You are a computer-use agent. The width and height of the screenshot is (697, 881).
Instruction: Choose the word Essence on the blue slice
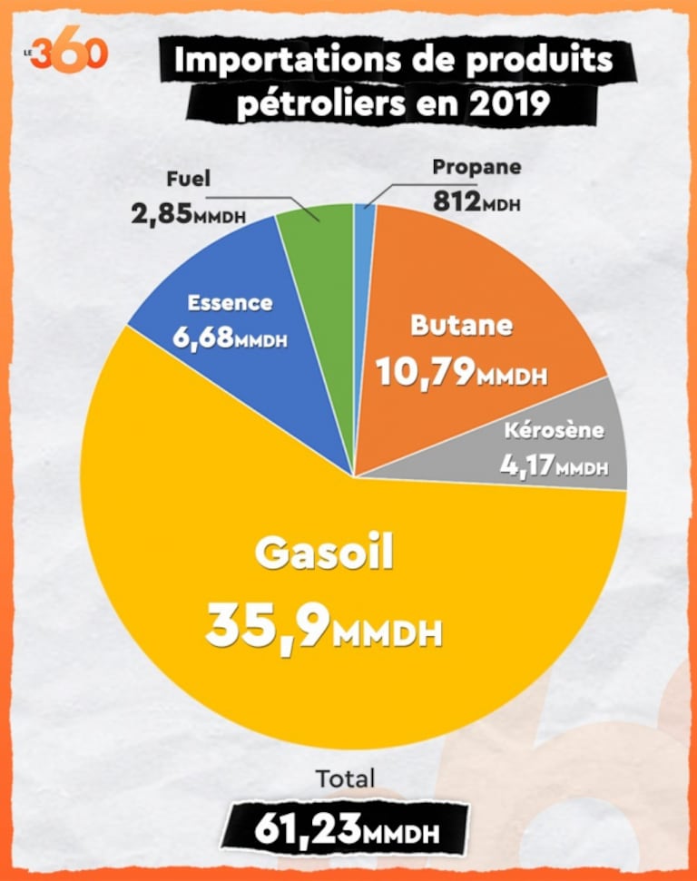[230, 303]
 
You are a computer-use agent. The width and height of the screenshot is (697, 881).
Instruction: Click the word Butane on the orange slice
[461, 325]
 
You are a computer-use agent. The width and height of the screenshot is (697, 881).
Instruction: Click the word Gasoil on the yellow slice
[323, 553]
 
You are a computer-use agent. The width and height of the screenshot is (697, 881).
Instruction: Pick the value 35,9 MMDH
[323, 625]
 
